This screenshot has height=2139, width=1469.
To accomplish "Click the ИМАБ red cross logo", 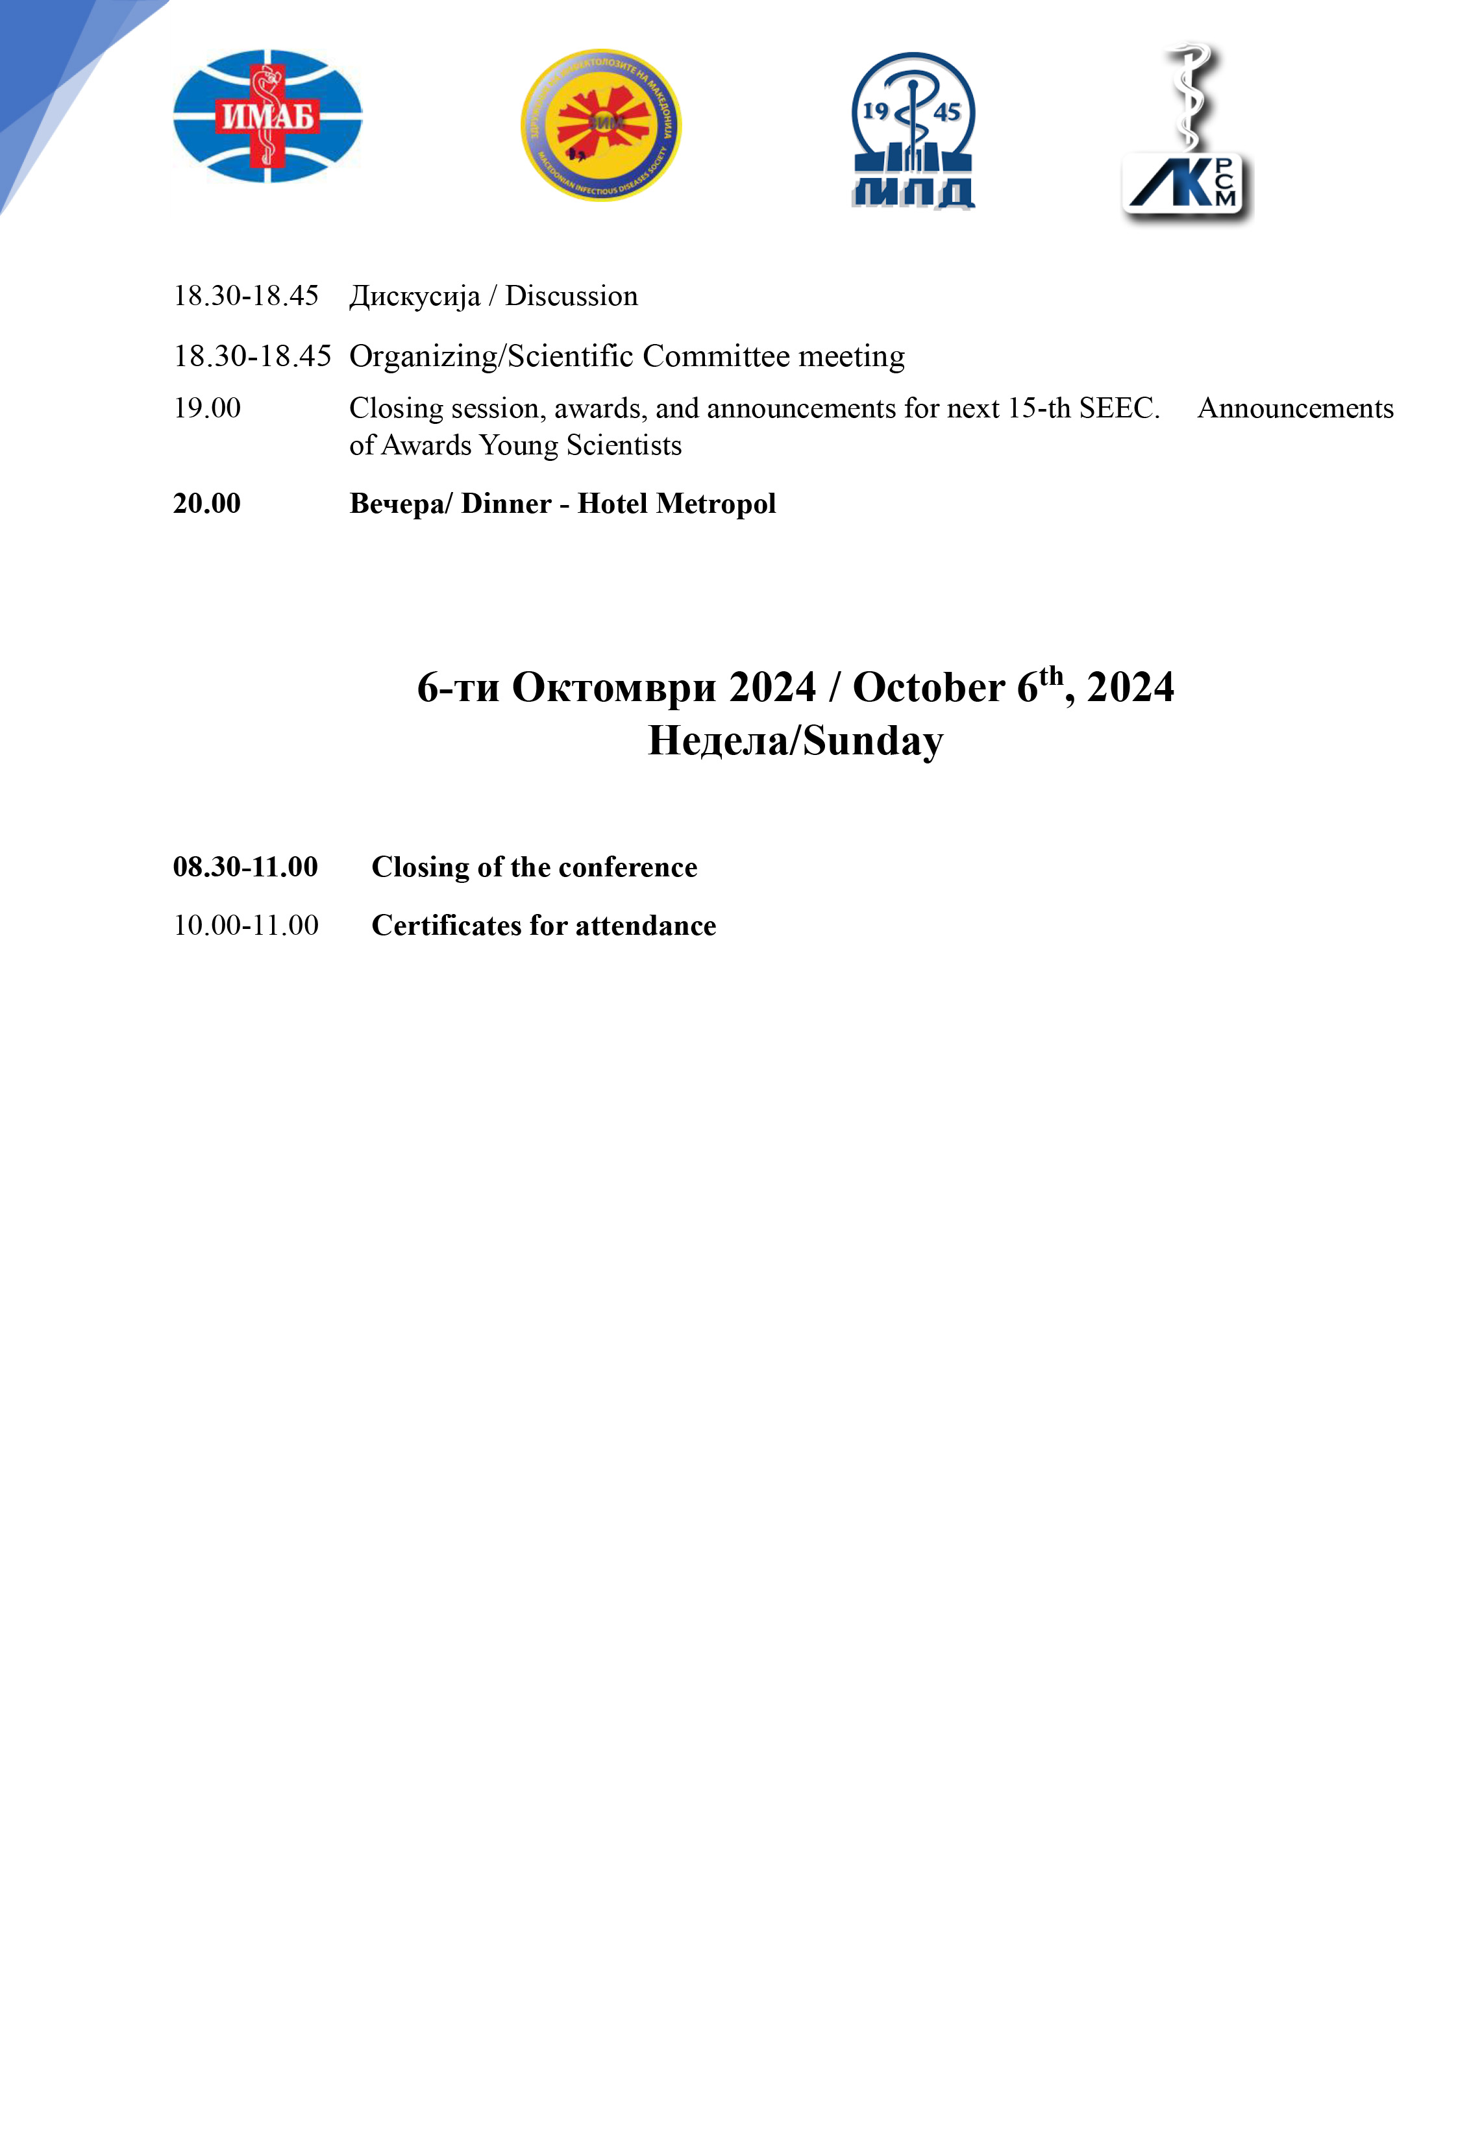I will (x=268, y=117).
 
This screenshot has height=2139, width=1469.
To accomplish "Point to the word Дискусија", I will (x=414, y=297).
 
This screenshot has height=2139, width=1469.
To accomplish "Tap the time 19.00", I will (x=207, y=408).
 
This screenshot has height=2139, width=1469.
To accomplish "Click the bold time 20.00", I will (x=207, y=504).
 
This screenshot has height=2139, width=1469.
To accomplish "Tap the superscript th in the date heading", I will (x=1050, y=676).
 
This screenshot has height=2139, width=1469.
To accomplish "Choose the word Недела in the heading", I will (x=718, y=741).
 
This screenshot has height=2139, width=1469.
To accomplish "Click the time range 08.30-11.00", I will (x=246, y=867).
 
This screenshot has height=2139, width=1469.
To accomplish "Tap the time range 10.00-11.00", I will (x=246, y=925).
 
